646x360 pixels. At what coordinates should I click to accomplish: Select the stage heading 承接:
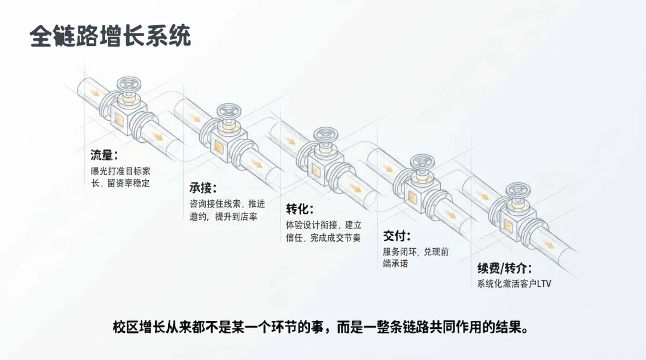[x=203, y=188]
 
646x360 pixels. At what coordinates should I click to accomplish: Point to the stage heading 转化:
[x=300, y=209]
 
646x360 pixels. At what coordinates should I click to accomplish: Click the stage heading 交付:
[x=397, y=236]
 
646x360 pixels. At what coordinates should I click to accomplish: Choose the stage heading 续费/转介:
[x=504, y=268]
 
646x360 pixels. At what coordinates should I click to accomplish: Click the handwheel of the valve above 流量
[x=127, y=84]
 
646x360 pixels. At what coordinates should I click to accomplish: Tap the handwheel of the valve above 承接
[x=228, y=110]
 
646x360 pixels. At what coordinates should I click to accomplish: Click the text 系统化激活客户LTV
[x=514, y=284]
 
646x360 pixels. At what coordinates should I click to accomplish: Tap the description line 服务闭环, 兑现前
[x=416, y=252]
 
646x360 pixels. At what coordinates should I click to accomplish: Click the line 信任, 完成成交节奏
[x=323, y=238]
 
